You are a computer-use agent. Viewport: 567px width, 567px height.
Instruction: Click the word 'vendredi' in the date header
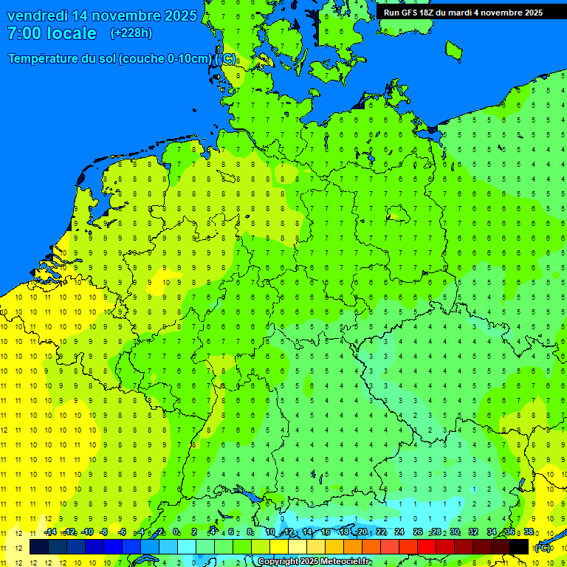[37, 16]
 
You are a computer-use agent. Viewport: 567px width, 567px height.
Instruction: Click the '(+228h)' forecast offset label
[131, 33]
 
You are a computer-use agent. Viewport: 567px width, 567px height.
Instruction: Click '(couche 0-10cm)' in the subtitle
[165, 59]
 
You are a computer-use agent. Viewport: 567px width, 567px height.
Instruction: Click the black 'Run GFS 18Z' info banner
[463, 12]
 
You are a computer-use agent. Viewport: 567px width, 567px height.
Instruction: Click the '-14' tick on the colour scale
[51, 532]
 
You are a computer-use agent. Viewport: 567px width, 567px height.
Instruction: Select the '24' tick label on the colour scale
[399, 532]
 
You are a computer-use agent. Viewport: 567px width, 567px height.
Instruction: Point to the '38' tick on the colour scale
[529, 532]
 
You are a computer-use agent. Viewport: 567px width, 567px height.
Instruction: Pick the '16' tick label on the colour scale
[326, 532]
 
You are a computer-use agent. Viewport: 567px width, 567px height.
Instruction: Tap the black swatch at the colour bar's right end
[519, 546]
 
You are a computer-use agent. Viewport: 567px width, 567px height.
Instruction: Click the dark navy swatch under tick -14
[39, 546]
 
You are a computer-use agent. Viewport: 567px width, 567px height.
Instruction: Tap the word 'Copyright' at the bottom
[279, 562]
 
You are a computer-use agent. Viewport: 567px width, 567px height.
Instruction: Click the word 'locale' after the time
[72, 33]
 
